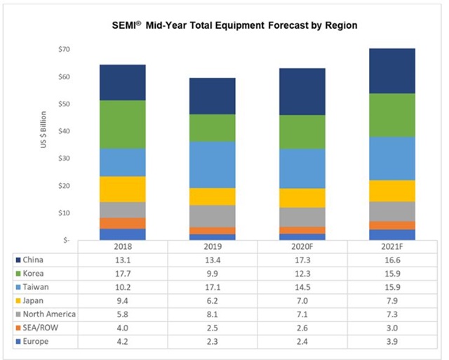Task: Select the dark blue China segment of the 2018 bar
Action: tap(122, 82)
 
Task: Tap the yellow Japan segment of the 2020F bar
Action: tap(301, 198)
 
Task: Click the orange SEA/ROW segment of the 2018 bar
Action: tap(122, 223)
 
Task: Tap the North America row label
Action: tap(48, 314)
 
